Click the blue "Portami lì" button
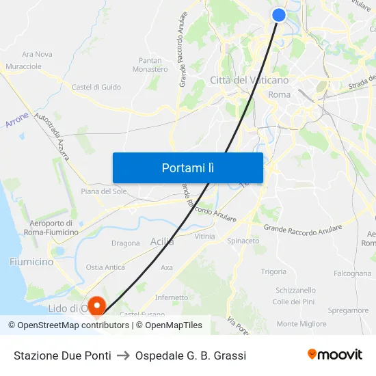click(x=187, y=167)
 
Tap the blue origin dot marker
click(x=279, y=15)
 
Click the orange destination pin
click(x=98, y=305)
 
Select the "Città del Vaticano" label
click(x=249, y=80)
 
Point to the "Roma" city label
click(x=280, y=95)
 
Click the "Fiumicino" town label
click(x=31, y=262)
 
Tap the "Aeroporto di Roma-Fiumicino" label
click(x=51, y=228)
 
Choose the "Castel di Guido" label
click(x=96, y=87)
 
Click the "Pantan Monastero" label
click(x=150, y=65)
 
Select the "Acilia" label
click(x=162, y=241)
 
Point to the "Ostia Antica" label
click(x=105, y=267)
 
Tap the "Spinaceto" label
click(x=243, y=241)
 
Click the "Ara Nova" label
click(x=37, y=54)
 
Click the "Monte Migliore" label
click(x=301, y=323)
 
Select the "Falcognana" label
click(x=352, y=273)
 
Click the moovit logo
click(x=334, y=354)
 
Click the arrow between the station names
click(x=123, y=355)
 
